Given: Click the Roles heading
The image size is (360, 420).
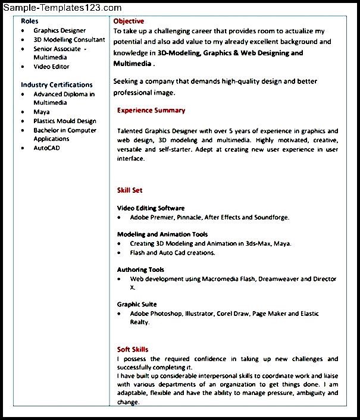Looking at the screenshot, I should coord(30,21).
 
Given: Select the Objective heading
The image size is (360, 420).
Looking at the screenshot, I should coord(129,21).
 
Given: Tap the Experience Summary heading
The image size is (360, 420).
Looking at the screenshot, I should coord(151,110).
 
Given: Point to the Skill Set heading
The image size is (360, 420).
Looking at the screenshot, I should coord(130,190).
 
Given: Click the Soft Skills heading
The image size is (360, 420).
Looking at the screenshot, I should coord(133,349).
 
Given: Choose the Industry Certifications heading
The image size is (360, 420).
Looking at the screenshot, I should coord(57,84).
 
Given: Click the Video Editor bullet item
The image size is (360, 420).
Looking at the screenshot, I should coord(51,67).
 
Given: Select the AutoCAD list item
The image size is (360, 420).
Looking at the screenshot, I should coord(47,148).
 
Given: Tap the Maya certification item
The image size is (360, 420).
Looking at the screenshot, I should coord(42,112).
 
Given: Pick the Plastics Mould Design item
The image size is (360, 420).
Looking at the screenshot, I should coord(65,121).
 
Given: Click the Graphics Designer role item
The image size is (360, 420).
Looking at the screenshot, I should coord(60,30).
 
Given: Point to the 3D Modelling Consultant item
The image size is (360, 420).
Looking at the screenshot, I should coord(69,39).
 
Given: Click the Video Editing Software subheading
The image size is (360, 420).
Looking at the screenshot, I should coord(151,208).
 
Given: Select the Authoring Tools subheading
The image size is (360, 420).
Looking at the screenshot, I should coord(140,269).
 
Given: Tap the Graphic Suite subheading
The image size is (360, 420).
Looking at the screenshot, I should coord(137,304).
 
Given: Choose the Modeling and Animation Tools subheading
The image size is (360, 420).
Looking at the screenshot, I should coord(162,234).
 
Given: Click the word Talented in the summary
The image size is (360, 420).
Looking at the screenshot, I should coord(130,131).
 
